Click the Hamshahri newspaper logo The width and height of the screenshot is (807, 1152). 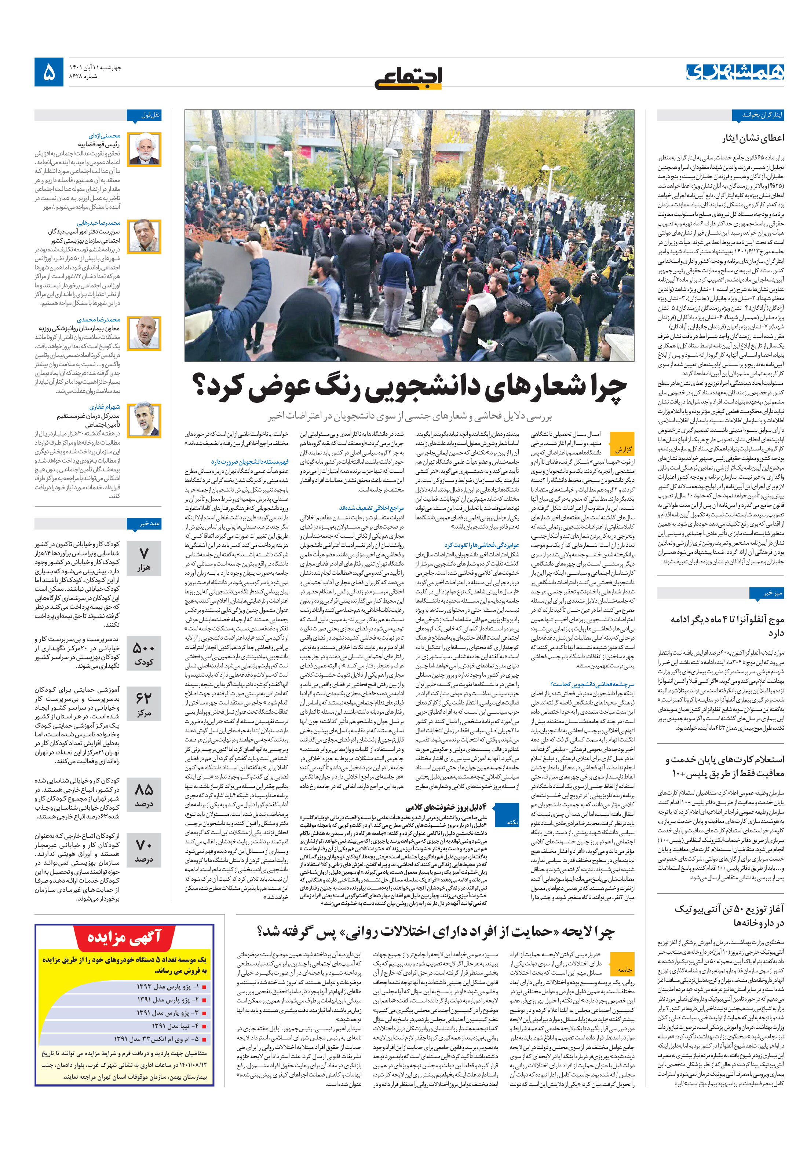pos(735,72)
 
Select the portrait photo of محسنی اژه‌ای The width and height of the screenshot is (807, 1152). pos(144,150)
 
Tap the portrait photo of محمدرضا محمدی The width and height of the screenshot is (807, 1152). pos(144,333)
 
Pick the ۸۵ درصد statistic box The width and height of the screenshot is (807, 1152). pos(144,794)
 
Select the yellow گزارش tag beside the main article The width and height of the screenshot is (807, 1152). pos(623,450)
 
